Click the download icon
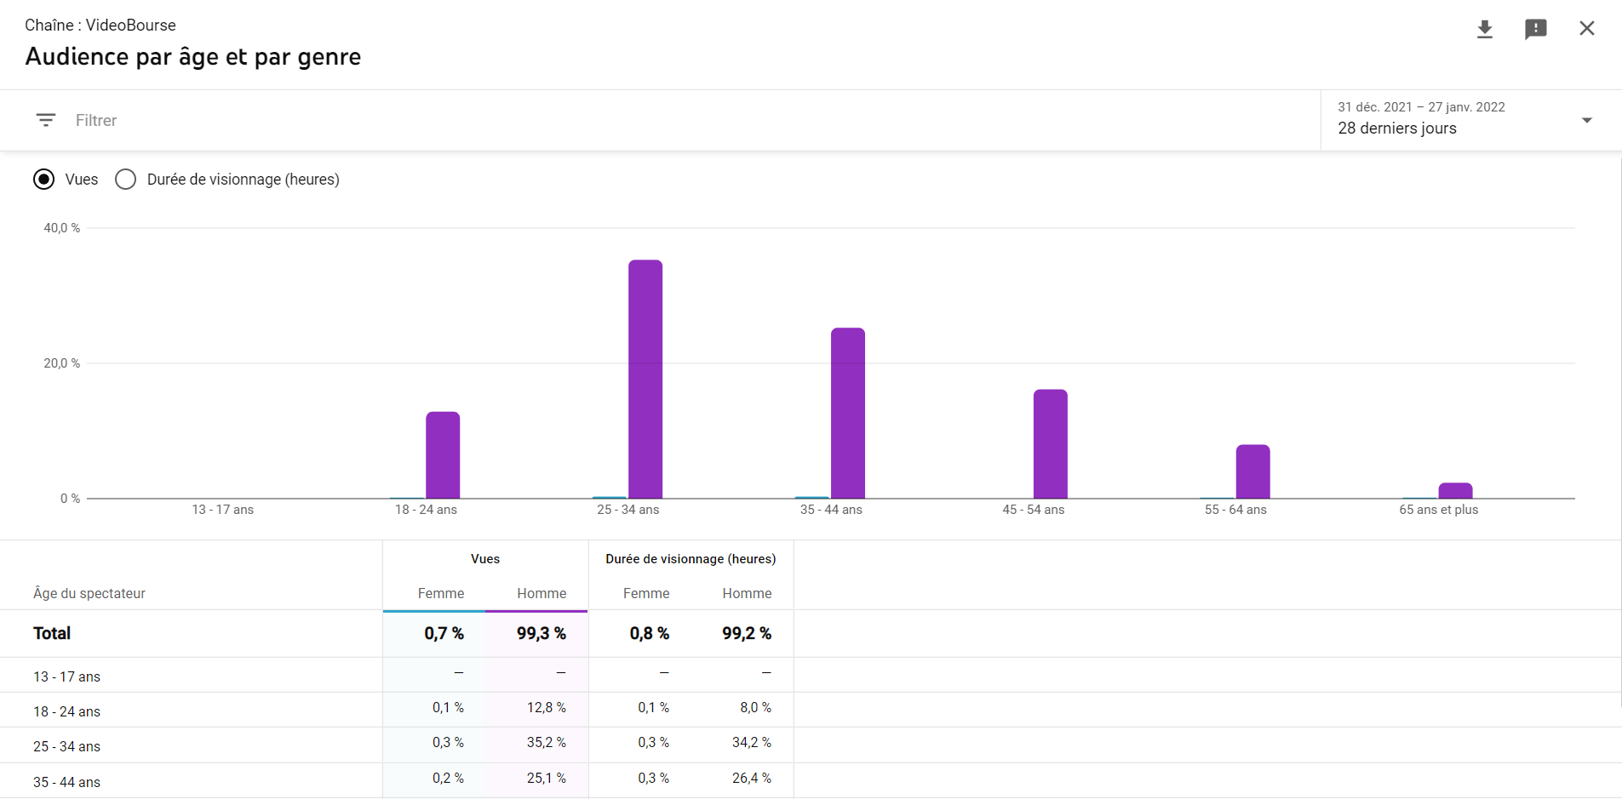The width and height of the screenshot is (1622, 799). coord(1485,29)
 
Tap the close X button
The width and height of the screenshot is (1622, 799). coord(1587,28)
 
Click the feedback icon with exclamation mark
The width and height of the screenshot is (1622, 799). coord(1535,29)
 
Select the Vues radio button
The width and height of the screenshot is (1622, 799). coord(43,180)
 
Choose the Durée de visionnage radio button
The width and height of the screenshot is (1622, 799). coord(125,180)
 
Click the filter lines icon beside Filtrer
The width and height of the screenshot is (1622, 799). coord(46,120)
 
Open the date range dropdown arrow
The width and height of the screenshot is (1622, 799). coord(1586,120)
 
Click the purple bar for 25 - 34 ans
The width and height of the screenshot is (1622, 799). coord(645,379)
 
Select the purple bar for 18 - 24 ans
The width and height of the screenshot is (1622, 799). coord(443,455)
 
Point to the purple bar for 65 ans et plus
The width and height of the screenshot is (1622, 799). coord(1455,491)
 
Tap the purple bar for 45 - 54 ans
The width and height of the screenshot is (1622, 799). coord(1050,443)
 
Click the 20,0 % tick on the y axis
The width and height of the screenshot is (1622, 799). coord(62,363)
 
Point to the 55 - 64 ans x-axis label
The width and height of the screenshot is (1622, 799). coord(1235,510)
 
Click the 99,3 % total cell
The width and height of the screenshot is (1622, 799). coord(541,634)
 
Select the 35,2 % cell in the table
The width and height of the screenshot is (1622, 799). coord(546,743)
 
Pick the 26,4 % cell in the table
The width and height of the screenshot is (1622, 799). coord(751,779)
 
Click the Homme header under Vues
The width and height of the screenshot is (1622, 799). coord(542,594)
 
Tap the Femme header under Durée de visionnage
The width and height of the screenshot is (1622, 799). coord(646,594)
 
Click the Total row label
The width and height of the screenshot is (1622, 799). coord(52,634)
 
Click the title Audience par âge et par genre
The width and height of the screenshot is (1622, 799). coord(193,57)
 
